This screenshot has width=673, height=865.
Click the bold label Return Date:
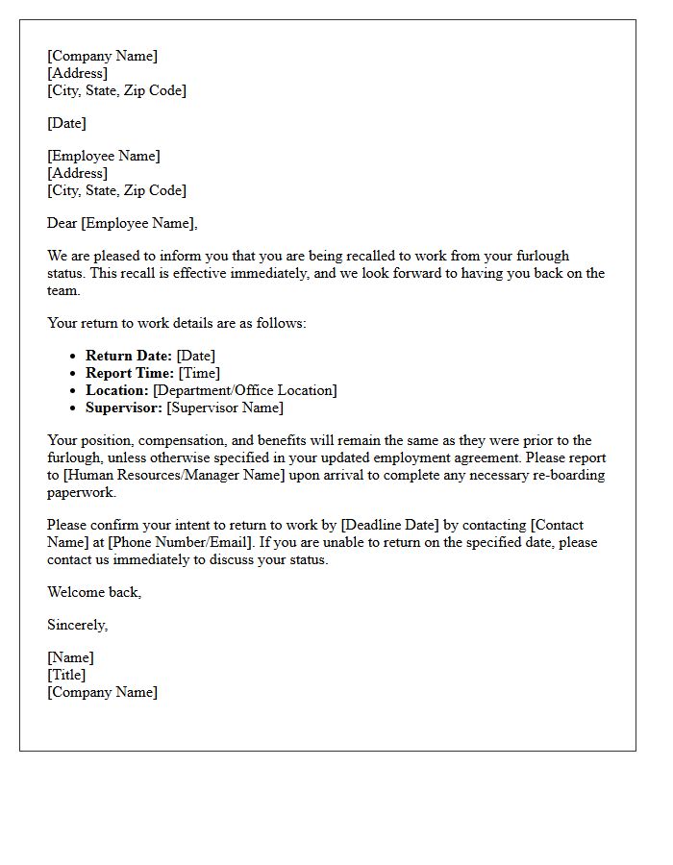pos(129,356)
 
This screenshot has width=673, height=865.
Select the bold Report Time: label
pos(130,373)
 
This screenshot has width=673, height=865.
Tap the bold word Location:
pos(117,390)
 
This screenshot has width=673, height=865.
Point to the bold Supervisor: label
pos(124,408)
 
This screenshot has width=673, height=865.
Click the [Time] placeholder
pos(199,373)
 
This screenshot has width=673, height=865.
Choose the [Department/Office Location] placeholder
pos(244,390)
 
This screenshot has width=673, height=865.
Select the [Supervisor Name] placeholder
pos(225,408)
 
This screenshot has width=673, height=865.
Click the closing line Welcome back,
pos(94,592)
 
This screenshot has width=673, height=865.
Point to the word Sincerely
pos(77,625)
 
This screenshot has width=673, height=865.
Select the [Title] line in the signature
pos(66,675)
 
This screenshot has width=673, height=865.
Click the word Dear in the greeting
pos(62,223)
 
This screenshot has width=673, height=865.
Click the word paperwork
pos(81,492)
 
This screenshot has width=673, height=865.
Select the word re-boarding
pos(570,475)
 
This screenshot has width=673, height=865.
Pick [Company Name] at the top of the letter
pos(102,56)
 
